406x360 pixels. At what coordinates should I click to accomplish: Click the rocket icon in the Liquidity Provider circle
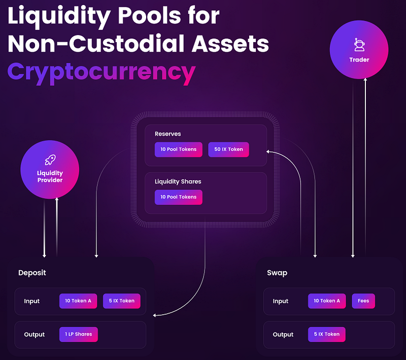[50, 160]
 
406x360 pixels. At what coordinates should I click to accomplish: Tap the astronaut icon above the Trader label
[359, 45]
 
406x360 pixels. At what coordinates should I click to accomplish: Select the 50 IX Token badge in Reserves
[229, 149]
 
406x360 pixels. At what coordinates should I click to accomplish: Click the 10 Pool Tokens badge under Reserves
[179, 149]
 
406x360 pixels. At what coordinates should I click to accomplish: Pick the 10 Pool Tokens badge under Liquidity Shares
[179, 197]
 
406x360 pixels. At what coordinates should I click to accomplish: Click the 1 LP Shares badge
[79, 335]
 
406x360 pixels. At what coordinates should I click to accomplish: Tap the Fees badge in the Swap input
[363, 301]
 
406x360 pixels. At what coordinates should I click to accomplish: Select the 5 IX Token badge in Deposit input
[122, 301]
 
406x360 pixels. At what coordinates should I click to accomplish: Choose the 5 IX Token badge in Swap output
[327, 335]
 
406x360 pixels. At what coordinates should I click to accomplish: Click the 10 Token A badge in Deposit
[78, 301]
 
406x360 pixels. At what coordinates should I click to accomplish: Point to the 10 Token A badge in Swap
[327, 301]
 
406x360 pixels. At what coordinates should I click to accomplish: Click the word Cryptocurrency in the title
[101, 73]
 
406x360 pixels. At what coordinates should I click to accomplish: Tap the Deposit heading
[32, 273]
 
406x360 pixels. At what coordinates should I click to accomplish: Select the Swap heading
[277, 273]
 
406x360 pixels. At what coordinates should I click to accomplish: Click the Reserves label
[168, 134]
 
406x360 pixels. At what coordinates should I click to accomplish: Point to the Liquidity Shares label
[178, 182]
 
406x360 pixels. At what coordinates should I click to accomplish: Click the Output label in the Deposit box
[34, 335]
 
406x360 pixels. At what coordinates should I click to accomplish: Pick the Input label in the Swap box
[281, 301]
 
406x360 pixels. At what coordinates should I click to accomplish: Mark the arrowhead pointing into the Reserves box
[268, 151]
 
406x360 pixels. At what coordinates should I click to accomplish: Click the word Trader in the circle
[359, 60]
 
